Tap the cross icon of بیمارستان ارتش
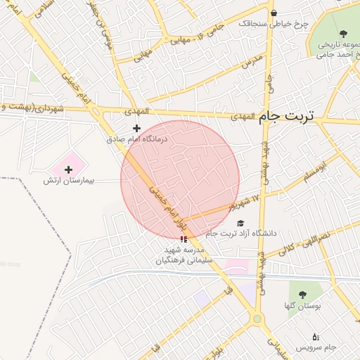(68, 169)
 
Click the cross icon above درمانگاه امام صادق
(136, 128)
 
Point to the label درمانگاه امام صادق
(138, 140)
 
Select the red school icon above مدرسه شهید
(184, 239)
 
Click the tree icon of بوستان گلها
(302, 295)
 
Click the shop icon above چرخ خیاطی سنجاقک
(273, 13)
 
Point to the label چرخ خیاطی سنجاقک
(274, 23)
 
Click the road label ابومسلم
(316, 171)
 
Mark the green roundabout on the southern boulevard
(257, 319)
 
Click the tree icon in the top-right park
(343, 34)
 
